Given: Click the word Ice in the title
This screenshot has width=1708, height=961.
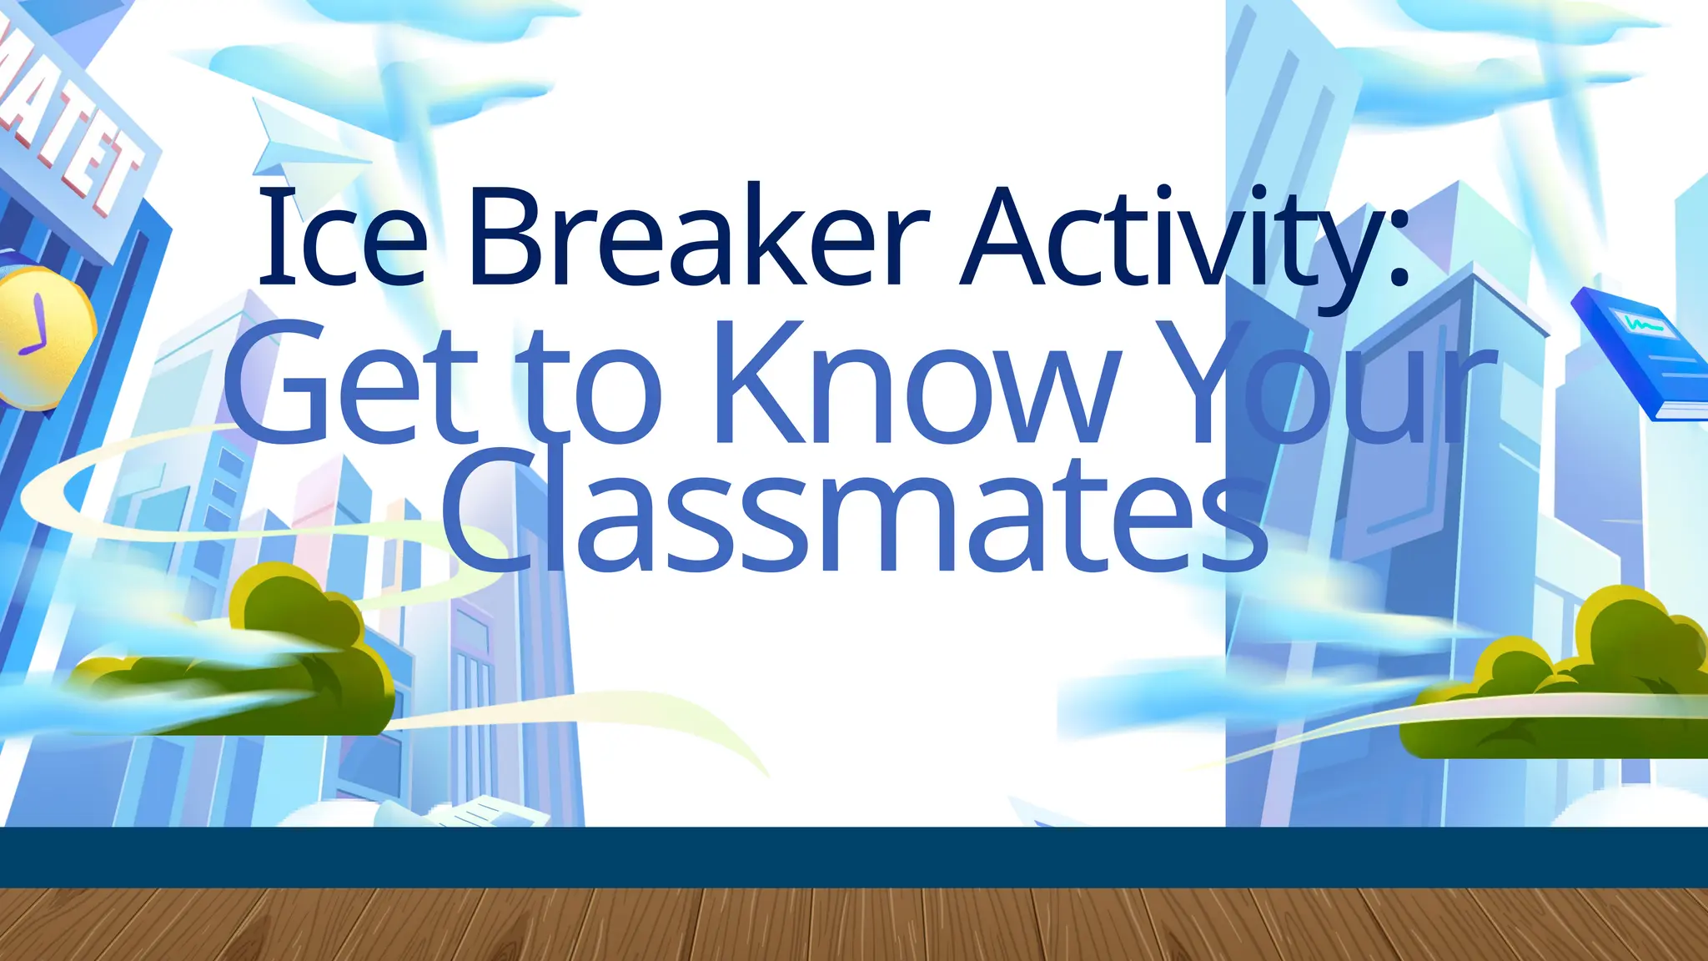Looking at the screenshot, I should [x=342, y=237].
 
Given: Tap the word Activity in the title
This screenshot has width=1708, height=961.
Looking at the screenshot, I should [x=1168, y=242].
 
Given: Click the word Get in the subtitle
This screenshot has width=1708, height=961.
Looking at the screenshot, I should [x=350, y=384].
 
